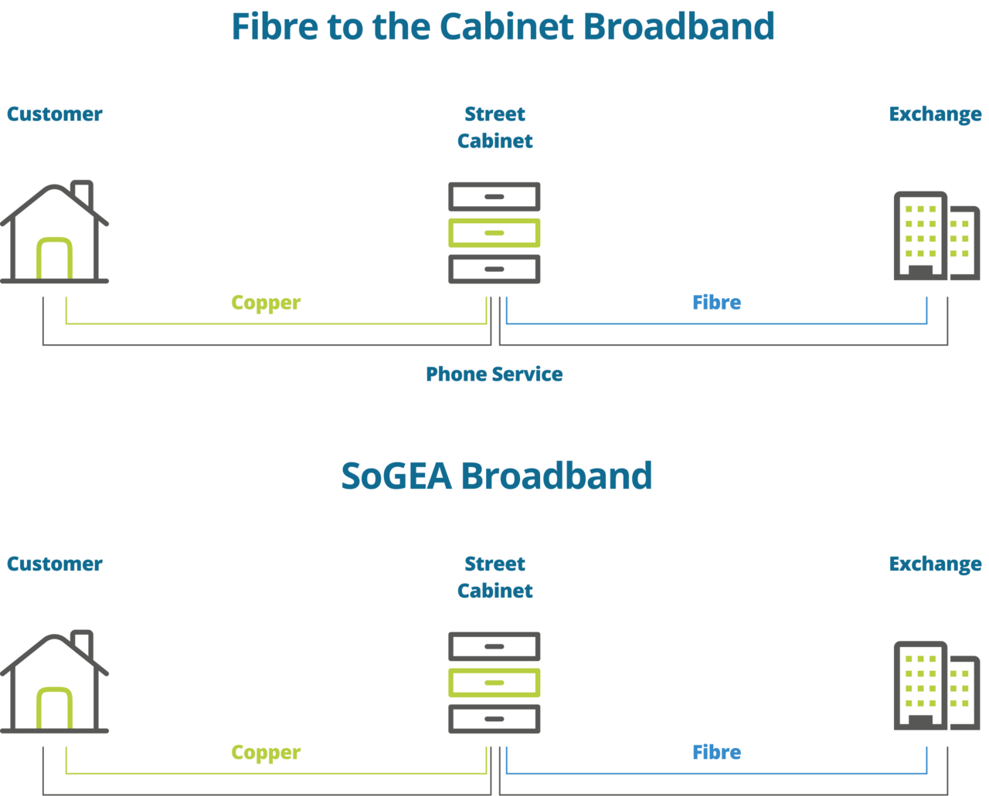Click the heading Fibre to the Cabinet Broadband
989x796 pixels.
502,27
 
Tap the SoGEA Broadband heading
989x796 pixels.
496,476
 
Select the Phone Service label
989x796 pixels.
494,374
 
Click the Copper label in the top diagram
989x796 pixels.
265,303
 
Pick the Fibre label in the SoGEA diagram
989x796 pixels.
716,752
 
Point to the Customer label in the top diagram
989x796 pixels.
55,114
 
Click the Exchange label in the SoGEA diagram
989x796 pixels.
935,564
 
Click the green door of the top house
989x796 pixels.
55,259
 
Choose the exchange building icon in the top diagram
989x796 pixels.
936,235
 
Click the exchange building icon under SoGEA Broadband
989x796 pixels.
936,685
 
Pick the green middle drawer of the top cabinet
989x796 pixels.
494,232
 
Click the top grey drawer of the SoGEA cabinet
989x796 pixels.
494,646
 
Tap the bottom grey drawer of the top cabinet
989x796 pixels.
494,269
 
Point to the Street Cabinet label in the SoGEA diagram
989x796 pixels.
494,578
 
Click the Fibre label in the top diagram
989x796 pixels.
716,303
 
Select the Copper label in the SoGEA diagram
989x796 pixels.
265,752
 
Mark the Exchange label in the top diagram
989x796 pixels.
935,114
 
